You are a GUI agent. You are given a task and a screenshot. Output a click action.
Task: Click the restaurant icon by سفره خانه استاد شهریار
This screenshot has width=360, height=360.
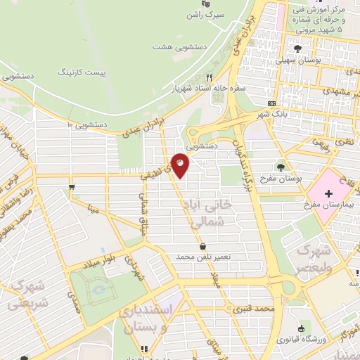[209, 77]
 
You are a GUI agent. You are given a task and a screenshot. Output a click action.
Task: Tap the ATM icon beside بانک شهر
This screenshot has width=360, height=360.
[271, 103]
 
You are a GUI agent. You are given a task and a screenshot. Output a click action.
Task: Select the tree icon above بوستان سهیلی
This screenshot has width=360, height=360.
[297, 48]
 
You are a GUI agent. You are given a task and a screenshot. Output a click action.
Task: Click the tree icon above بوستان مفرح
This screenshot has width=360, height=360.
[281, 167]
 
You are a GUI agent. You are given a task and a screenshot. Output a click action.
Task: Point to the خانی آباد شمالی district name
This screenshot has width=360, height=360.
[216, 214]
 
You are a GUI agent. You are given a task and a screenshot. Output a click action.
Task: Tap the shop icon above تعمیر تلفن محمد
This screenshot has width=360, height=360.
[203, 247]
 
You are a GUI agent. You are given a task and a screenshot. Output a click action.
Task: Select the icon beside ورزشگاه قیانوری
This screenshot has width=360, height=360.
[302, 328]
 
